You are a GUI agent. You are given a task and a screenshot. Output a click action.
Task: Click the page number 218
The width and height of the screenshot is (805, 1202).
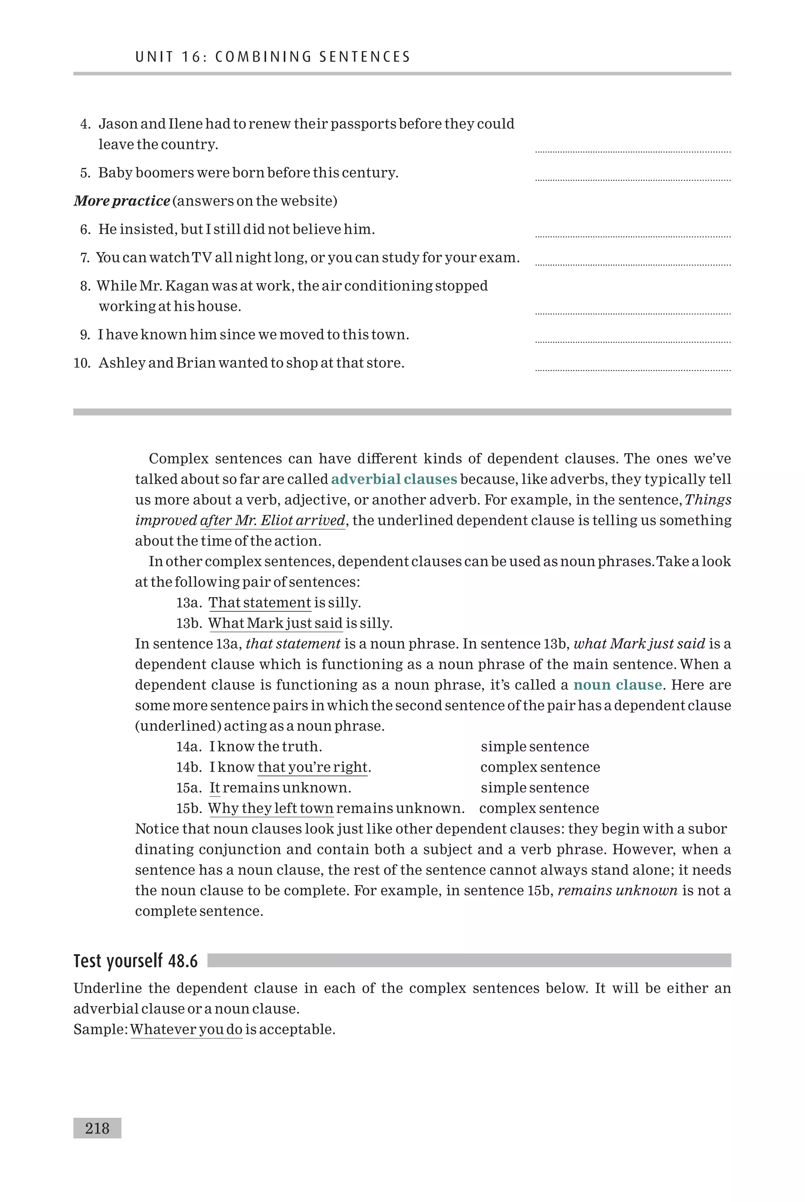97,1128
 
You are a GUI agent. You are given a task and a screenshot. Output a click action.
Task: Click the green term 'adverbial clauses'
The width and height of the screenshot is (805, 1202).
394,479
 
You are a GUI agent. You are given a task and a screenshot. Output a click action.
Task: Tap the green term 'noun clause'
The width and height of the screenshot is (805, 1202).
617,685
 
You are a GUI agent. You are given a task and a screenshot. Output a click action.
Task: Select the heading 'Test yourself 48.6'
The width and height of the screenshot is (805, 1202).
136,961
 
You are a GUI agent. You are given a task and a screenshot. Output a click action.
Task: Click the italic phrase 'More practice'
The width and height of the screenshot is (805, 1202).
122,201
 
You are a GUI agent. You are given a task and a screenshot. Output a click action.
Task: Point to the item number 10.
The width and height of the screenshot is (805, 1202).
82,363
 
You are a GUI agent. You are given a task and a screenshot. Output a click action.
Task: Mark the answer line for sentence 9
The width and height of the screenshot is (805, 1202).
632,341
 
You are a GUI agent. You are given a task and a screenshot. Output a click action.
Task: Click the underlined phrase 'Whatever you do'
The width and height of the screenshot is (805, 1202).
186,1029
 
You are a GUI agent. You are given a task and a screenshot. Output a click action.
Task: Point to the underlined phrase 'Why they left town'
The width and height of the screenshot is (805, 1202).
270,808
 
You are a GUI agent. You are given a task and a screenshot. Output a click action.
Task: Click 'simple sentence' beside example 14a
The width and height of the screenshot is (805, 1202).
535,747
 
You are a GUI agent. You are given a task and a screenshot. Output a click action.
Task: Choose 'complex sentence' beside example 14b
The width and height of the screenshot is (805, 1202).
540,767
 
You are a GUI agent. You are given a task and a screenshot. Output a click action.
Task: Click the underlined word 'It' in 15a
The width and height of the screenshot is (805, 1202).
215,788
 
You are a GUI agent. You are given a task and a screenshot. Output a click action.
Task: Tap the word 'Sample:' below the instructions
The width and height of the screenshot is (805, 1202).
100,1029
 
